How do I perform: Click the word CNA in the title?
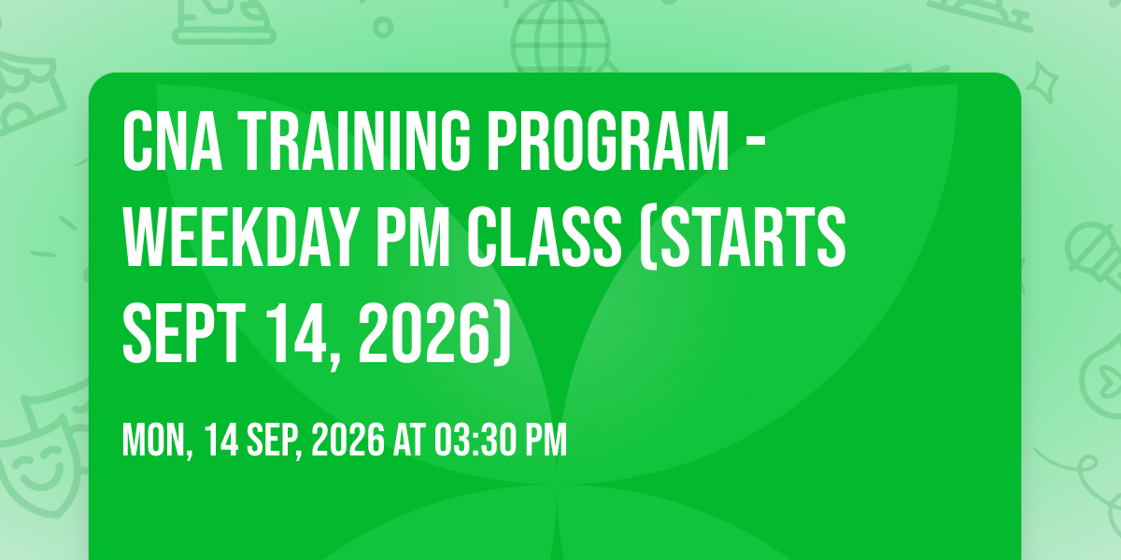(173, 142)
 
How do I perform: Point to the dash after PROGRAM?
(755, 143)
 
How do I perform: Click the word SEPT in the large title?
(184, 333)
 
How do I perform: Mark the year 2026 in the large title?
(423, 333)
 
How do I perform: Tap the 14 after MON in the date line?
(221, 440)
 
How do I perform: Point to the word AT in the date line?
(409, 440)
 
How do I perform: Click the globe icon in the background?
(560, 35)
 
